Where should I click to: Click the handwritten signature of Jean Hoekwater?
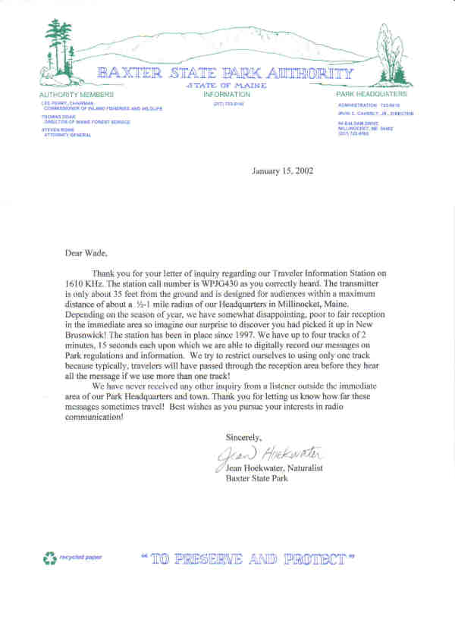pyautogui.click(x=269, y=455)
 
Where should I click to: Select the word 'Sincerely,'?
pyautogui.click(x=243, y=437)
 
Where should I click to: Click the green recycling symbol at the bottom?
pyautogui.click(x=50, y=558)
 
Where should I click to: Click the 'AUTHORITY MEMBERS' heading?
pyautogui.click(x=77, y=95)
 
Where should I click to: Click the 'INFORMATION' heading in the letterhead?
pyautogui.click(x=227, y=95)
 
